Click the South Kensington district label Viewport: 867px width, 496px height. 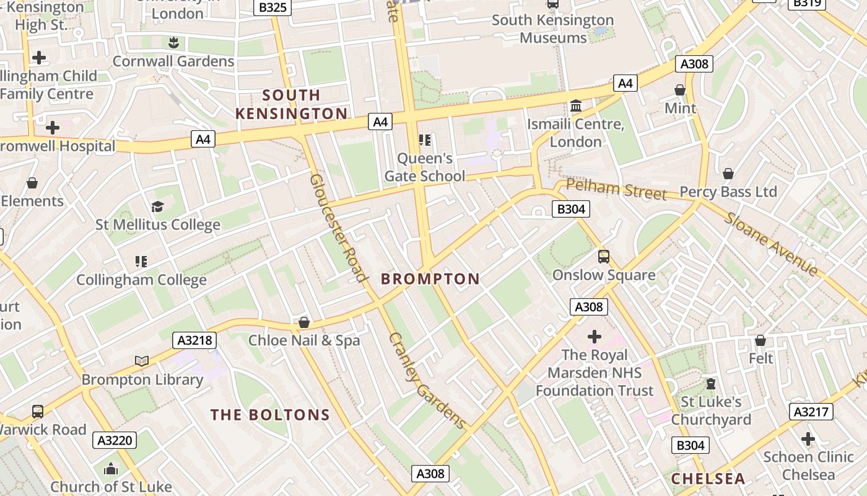(x=291, y=104)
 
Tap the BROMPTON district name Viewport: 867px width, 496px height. (x=430, y=279)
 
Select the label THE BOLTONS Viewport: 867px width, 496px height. (x=269, y=415)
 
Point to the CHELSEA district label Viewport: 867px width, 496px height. (x=708, y=479)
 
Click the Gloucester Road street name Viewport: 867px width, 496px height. (x=339, y=228)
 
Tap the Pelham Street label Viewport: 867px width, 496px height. (x=616, y=189)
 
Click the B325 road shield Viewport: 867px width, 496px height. (x=272, y=7)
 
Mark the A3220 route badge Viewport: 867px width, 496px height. (x=115, y=441)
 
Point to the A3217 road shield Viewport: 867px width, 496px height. (x=811, y=412)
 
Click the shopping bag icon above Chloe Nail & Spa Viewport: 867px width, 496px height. (x=303, y=322)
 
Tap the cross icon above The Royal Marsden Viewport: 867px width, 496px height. (x=595, y=337)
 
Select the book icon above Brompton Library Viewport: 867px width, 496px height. (x=142, y=361)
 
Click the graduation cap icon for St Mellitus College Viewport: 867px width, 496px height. (x=157, y=206)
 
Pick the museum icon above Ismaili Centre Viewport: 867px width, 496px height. (x=576, y=106)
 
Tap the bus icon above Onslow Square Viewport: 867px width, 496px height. (x=603, y=256)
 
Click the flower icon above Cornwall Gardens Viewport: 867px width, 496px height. (x=173, y=42)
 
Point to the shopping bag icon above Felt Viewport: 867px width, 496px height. (x=760, y=340)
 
